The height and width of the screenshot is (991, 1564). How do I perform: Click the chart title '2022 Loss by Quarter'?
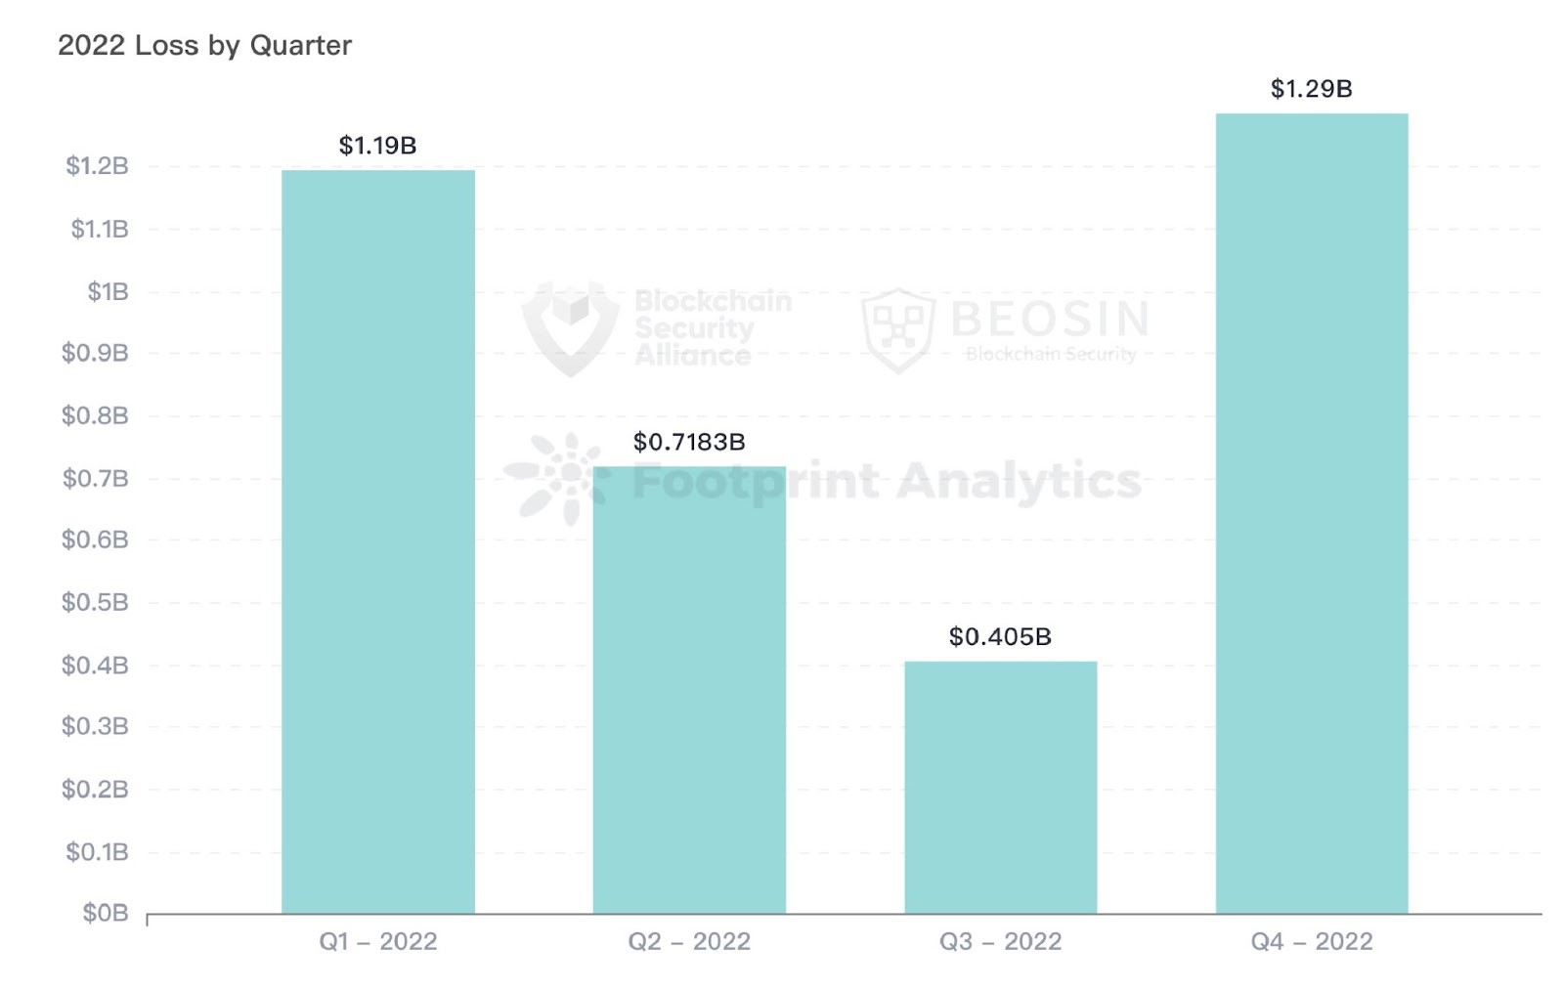tap(204, 45)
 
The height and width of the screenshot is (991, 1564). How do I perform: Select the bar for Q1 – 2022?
tap(378, 542)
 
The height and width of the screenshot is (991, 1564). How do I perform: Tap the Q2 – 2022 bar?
tap(689, 690)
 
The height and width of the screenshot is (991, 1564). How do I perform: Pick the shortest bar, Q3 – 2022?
tap(1000, 788)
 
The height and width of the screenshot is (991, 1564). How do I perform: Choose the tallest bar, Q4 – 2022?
tap(1312, 514)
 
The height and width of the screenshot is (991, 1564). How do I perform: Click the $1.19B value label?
tap(377, 146)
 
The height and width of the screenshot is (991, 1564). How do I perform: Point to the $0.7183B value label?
tap(689, 442)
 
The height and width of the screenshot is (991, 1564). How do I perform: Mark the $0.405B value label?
tap(1000, 637)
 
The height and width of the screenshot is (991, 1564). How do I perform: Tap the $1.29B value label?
tap(1311, 89)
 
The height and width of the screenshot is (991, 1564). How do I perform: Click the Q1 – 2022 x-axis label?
tap(378, 941)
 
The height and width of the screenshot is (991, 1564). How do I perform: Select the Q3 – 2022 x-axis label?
tap(1000, 941)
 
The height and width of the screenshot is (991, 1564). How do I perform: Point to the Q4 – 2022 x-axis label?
tap(1312, 941)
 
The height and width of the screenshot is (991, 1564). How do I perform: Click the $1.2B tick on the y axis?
tap(97, 166)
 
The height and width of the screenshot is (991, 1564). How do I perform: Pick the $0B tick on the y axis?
tap(106, 913)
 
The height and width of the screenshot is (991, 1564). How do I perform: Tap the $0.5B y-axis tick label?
tap(95, 602)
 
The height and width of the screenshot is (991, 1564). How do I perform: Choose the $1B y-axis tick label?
tap(108, 291)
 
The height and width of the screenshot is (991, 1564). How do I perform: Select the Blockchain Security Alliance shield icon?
tap(570, 326)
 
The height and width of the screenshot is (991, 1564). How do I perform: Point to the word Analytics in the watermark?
tap(1019, 481)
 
